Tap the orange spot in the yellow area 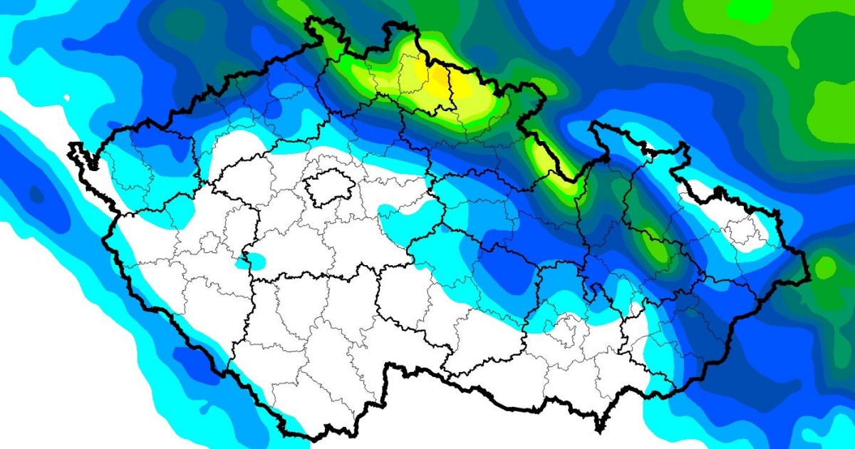(439, 76)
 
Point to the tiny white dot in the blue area (66, 98)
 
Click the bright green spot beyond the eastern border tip (825, 267)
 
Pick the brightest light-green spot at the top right (750, 10)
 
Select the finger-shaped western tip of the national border (76, 151)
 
